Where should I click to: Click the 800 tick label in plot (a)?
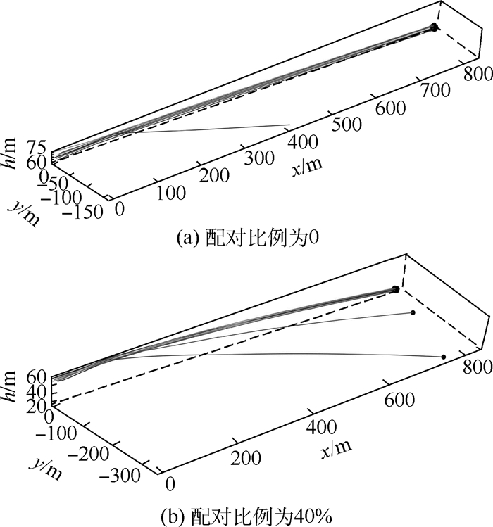coord(478,74)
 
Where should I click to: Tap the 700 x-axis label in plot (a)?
coord(435,91)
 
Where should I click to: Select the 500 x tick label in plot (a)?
coord(347,125)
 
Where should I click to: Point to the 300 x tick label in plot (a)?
coord(259,158)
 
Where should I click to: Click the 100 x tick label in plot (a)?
coord(171,193)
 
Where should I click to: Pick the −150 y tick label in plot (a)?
coord(82,212)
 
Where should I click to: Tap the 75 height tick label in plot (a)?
coord(37,148)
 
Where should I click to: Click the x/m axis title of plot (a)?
coord(307,165)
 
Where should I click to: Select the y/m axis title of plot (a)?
coord(24,213)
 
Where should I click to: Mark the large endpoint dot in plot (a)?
coord(434,27)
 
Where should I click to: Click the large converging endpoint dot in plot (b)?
coord(396,289)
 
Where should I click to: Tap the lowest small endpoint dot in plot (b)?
coord(444,357)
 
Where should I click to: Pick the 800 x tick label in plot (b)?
coord(478,367)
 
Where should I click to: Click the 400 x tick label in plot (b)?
coord(321,427)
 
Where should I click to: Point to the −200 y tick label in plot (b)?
coord(89,454)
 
